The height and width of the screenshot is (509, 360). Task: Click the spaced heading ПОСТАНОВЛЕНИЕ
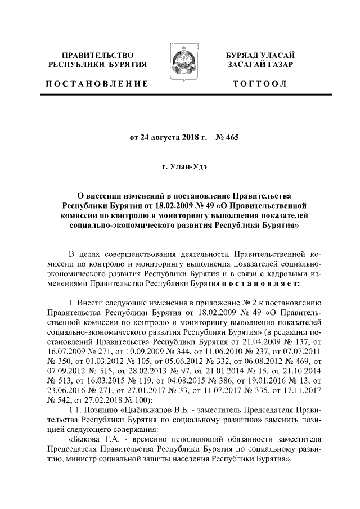(x=96, y=84)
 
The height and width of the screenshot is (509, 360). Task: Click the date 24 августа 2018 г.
(x=168, y=137)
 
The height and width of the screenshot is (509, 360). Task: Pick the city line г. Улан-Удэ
(x=179, y=166)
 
